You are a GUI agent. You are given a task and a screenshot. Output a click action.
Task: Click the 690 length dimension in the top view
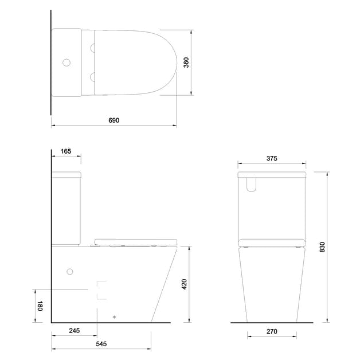(x=114, y=120)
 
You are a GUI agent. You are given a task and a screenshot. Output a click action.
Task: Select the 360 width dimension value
(x=186, y=62)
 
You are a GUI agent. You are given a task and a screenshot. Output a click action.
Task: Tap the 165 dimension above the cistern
(x=65, y=151)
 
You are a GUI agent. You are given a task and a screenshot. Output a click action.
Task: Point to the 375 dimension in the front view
(x=272, y=158)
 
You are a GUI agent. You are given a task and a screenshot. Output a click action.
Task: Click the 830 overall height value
(x=322, y=246)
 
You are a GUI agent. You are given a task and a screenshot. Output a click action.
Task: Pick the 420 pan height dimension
(x=185, y=285)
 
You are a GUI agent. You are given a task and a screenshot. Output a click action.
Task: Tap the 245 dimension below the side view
(x=73, y=330)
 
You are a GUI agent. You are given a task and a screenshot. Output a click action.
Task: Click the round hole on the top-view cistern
(x=66, y=62)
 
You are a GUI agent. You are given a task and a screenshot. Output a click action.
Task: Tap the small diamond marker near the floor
(x=114, y=316)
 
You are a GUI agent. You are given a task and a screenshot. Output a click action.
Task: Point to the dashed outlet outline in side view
(x=102, y=290)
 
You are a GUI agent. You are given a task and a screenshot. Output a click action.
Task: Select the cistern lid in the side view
(x=67, y=173)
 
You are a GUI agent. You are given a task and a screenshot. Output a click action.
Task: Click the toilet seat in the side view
(x=136, y=241)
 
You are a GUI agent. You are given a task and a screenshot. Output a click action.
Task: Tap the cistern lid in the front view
(x=272, y=174)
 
